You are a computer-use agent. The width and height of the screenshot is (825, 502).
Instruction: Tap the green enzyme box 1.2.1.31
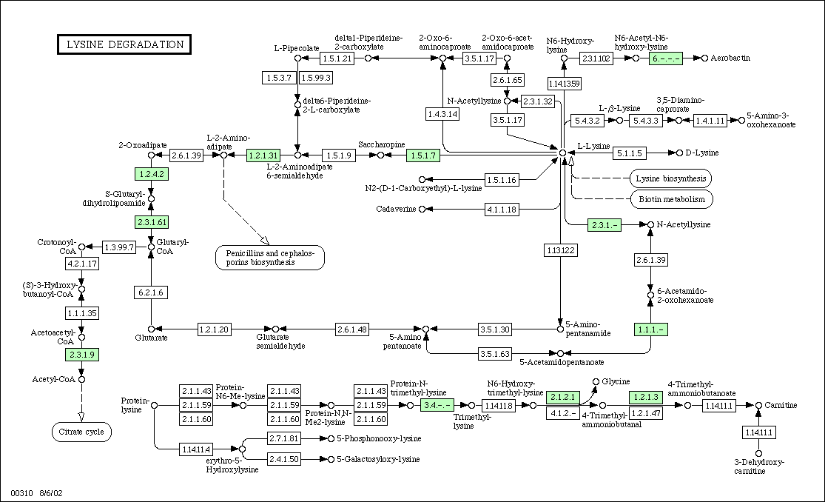[263, 155]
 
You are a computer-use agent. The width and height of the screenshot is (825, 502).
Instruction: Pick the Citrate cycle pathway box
[81, 432]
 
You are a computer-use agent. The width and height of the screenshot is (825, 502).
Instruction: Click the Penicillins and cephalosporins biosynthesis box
[270, 257]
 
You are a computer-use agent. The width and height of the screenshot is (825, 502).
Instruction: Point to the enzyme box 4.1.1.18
[502, 210]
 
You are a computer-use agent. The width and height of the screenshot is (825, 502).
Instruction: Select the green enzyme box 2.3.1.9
[81, 355]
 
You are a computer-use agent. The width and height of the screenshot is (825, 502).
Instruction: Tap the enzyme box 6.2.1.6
[150, 292]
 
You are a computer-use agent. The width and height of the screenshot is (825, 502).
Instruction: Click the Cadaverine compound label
[397, 210]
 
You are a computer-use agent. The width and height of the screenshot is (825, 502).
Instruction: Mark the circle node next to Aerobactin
[704, 58]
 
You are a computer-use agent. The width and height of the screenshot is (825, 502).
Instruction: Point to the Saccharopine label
[381, 144]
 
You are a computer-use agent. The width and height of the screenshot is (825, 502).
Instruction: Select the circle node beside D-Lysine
[679, 153]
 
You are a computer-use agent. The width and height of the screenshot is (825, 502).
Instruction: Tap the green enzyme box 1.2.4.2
[150, 174]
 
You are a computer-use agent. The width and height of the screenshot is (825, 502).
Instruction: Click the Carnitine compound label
[781, 405]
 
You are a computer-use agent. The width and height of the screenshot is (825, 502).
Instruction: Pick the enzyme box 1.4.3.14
[442, 113]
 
